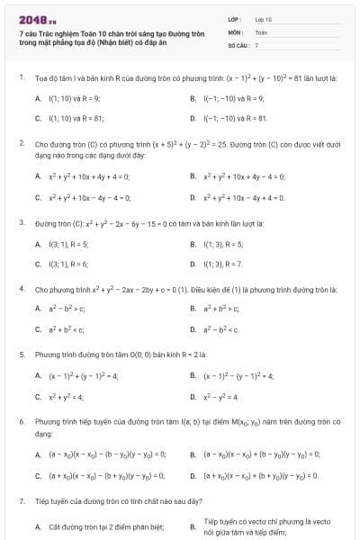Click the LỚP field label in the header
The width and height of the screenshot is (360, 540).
236,18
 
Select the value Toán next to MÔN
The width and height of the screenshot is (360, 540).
261,31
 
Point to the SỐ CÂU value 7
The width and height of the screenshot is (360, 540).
256,44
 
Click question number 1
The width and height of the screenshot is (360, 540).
20,78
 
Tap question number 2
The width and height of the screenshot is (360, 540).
20,143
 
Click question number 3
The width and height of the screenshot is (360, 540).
20,221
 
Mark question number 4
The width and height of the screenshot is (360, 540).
20,289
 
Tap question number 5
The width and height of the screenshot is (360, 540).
20,355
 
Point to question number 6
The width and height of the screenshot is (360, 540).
20,421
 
